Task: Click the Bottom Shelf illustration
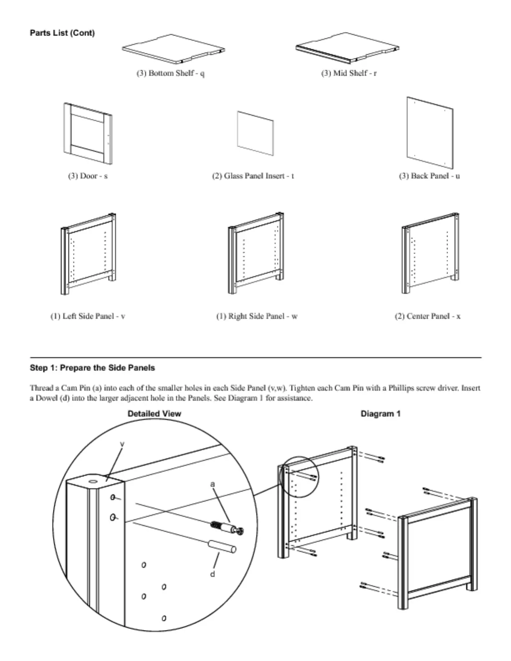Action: point(173,49)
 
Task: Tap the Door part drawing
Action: point(88,133)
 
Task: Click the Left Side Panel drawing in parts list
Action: point(88,255)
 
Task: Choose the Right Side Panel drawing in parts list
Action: point(256,255)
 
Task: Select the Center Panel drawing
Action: point(430,255)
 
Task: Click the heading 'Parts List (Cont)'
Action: point(62,33)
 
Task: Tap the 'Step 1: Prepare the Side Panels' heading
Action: point(92,368)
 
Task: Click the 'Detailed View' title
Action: point(154,414)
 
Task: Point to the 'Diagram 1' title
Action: point(380,414)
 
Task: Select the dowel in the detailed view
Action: point(222,546)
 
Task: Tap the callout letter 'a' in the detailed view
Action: point(212,484)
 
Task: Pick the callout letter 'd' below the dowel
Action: point(212,574)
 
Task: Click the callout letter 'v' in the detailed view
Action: point(122,444)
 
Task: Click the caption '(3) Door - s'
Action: point(88,176)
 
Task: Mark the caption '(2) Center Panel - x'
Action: point(428,316)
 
